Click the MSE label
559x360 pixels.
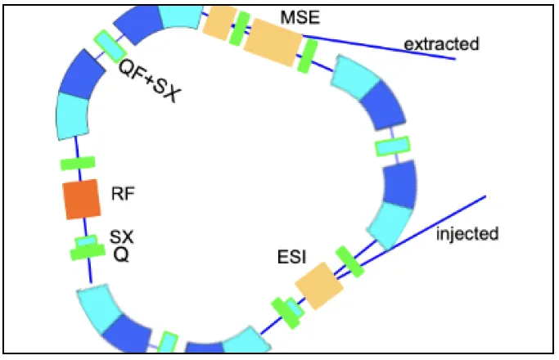[x=300, y=17]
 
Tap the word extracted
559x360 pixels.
[x=441, y=44]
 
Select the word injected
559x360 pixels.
[x=467, y=234]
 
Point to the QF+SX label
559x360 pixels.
[x=150, y=81]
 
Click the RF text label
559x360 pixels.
[x=123, y=194]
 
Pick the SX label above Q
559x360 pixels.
[x=122, y=237]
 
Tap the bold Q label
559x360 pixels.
[x=121, y=254]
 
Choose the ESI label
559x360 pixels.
[x=291, y=258]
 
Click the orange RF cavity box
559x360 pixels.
[x=82, y=199]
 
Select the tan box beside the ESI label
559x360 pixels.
[x=319, y=286]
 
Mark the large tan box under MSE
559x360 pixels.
[x=273, y=42]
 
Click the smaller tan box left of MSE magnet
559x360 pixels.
[x=219, y=23]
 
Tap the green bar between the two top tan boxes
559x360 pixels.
[x=240, y=29]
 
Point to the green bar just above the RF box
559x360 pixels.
[x=78, y=163]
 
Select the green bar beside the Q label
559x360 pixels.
[x=88, y=252]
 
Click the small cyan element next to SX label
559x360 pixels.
[x=86, y=241]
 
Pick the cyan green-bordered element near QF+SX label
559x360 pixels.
[x=110, y=46]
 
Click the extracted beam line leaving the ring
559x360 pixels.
[x=379, y=47]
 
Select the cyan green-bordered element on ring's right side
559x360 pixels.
[x=393, y=146]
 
